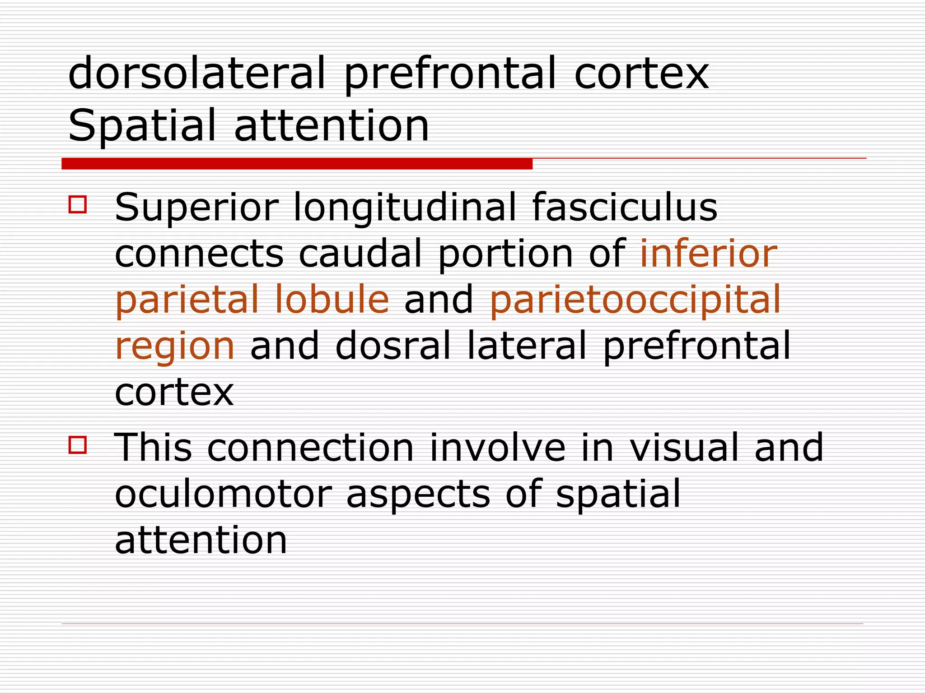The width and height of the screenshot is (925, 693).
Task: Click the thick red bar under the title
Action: (x=297, y=164)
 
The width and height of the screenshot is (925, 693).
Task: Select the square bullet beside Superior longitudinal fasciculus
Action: (x=78, y=204)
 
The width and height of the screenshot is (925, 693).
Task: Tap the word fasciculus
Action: (x=625, y=208)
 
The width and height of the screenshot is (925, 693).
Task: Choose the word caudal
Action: (x=360, y=254)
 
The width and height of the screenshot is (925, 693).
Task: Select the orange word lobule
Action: (x=331, y=299)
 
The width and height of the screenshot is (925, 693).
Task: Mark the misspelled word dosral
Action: (x=393, y=345)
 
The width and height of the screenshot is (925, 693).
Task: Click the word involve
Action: (x=497, y=448)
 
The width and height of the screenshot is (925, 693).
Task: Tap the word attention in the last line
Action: (x=201, y=540)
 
